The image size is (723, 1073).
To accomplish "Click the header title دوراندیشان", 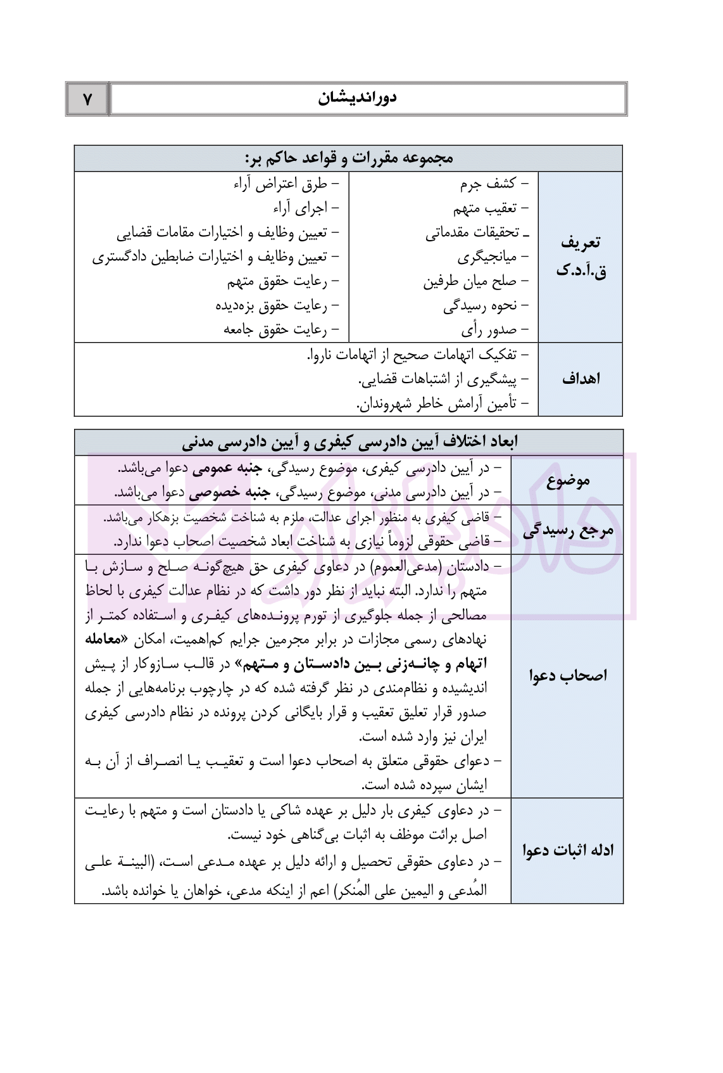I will click(357, 99).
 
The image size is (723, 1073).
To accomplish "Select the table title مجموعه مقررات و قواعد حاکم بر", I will click(348, 158).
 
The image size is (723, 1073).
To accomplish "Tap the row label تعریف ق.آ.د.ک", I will click(580, 257).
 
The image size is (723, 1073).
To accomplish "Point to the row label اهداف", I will click(580, 379).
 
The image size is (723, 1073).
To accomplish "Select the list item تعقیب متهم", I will click(484, 208).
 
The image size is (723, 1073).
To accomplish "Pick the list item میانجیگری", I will click(487, 257).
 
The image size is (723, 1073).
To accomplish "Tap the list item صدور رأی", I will click(489, 329).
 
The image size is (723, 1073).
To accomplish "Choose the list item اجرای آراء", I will click(300, 208).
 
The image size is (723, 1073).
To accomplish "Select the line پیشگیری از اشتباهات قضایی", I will click(437, 379).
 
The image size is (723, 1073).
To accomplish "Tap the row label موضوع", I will click(567, 480).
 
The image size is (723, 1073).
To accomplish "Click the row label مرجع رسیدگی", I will click(567, 530).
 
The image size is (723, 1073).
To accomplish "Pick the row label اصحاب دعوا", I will click(567, 675).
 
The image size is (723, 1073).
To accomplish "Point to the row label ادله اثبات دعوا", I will click(567, 850).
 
